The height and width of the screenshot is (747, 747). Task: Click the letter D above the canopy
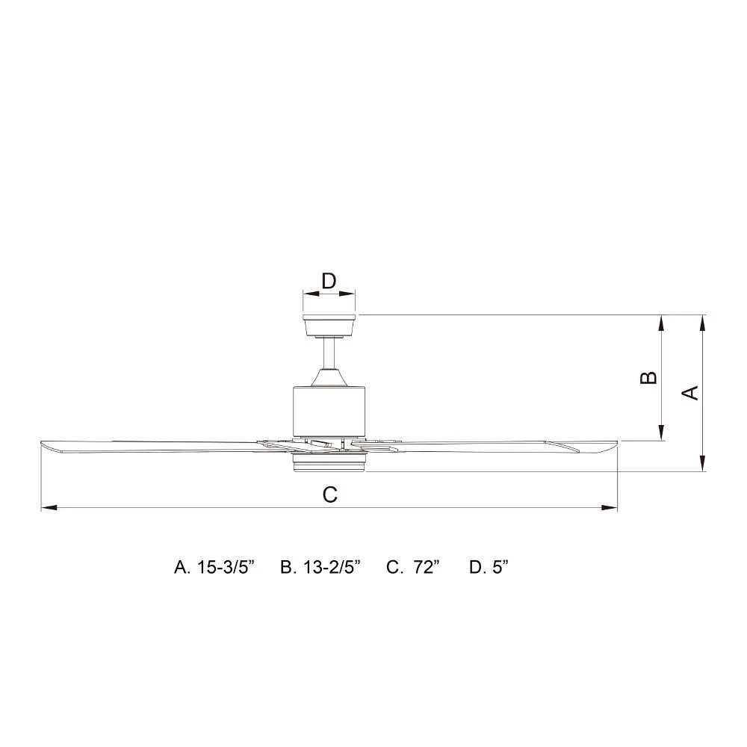coord(329,281)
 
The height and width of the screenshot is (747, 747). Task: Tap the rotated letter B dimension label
coord(648,377)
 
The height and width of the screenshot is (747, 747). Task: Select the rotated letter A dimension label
coord(690,393)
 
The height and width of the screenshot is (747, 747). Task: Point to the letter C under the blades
coord(329,495)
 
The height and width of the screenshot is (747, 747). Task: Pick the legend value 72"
coord(427,568)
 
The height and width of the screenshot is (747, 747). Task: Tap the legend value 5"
coord(500,568)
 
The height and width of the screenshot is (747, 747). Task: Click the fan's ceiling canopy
coord(329,326)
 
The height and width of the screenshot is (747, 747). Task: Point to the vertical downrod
coord(329,353)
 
